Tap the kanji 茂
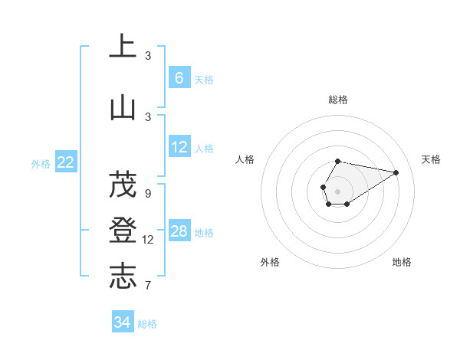(123, 184)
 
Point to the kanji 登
(123, 230)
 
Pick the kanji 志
(123, 276)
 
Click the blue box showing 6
(179, 77)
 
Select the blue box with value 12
(179, 147)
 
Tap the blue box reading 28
(179, 231)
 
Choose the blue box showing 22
(66, 162)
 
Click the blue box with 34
(123, 322)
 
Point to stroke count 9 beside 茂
(148, 193)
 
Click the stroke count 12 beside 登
(148, 240)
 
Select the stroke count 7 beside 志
(148, 286)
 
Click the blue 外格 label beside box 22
(41, 163)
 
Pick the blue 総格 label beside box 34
(147, 324)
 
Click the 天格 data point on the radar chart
(396, 172)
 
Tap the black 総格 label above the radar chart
(337, 100)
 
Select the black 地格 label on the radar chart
(402, 262)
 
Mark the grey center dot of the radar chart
(337, 190)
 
